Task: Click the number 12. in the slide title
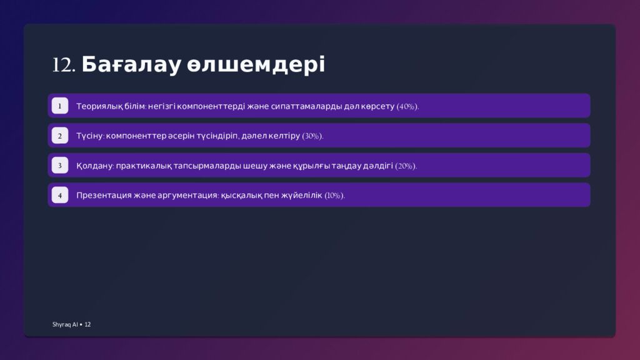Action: [x=64, y=65]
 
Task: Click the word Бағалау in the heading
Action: [x=131, y=65]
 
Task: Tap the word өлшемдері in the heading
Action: [x=256, y=65]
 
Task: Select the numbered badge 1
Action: [x=60, y=106]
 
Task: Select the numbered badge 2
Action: [x=60, y=136]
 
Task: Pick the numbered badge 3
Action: [x=60, y=166]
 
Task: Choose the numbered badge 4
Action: [x=60, y=196]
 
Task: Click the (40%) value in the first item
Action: [x=407, y=106]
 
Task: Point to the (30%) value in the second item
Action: [x=312, y=136]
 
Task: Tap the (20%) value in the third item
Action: [x=406, y=166]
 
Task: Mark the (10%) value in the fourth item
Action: [x=334, y=196]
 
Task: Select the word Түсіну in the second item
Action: [x=89, y=136]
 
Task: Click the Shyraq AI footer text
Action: [x=65, y=324]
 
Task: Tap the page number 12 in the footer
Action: [x=87, y=324]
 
